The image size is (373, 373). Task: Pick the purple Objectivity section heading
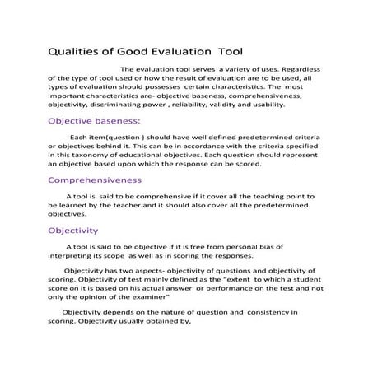click(73, 231)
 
